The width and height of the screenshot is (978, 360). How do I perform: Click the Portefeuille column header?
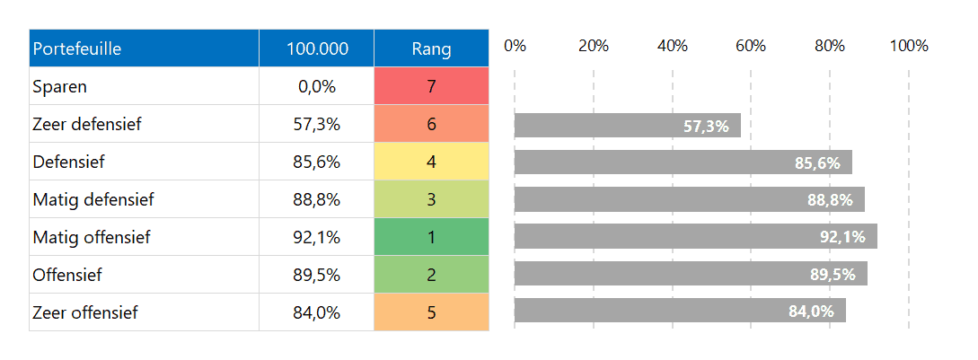coord(77,48)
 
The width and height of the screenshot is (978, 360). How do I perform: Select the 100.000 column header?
coord(317,48)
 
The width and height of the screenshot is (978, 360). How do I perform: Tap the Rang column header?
coord(431,48)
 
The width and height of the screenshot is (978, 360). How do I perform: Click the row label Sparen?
coord(59,87)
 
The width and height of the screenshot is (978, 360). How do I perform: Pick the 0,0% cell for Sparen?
coord(317,87)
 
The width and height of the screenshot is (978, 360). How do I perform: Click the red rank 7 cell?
coord(431,87)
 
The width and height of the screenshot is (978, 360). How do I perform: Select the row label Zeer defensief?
coord(86,125)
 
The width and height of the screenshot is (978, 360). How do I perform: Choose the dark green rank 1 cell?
coord(431,238)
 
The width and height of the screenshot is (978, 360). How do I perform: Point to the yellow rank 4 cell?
coord(431,162)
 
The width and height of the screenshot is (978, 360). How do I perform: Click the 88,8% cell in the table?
coord(317,200)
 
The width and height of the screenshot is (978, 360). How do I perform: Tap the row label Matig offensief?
coord(91,238)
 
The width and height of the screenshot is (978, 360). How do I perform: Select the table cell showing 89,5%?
coord(317,276)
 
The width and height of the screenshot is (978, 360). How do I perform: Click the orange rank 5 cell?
coord(431,312)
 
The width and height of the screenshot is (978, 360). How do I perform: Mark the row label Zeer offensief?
coord(84,313)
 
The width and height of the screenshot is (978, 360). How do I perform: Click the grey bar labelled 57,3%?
coord(627,126)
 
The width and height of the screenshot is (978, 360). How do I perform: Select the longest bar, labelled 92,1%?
coord(695,237)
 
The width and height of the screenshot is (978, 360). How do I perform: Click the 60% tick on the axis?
coord(750,46)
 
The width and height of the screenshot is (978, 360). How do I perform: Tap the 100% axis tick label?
coord(908,46)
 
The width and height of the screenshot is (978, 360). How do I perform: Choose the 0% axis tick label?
coord(515,46)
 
